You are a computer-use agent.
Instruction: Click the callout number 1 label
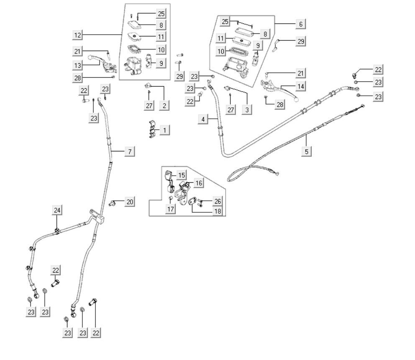(164, 130)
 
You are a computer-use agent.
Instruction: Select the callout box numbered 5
(307, 151)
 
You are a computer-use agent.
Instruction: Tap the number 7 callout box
(130, 152)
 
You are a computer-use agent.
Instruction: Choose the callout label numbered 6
(300, 24)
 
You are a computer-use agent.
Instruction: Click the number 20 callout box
(130, 202)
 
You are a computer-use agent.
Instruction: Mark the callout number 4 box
(203, 119)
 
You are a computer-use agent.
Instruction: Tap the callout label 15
(181, 175)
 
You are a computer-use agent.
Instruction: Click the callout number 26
(217, 202)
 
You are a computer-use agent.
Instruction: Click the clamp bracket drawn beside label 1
(152, 129)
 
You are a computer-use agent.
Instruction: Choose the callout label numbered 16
(198, 183)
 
